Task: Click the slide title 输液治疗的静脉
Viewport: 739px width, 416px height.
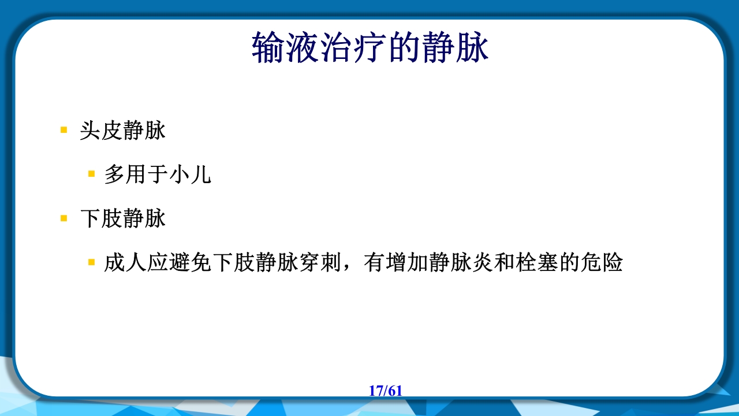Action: click(x=370, y=48)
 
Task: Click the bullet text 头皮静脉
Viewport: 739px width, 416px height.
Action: click(x=123, y=131)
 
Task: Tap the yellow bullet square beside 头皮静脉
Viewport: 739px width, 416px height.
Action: click(x=64, y=130)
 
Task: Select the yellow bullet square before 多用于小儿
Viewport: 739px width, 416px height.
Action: click(x=91, y=173)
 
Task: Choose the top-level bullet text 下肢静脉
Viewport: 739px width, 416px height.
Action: click(x=123, y=218)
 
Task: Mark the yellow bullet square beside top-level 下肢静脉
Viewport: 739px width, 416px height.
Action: click(x=64, y=218)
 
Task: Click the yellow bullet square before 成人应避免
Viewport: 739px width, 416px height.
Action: click(x=91, y=262)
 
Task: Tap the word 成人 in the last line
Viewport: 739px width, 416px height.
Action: click(x=125, y=263)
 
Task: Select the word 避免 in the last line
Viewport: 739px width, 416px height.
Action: click(x=191, y=263)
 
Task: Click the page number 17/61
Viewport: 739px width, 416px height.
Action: click(x=385, y=391)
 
